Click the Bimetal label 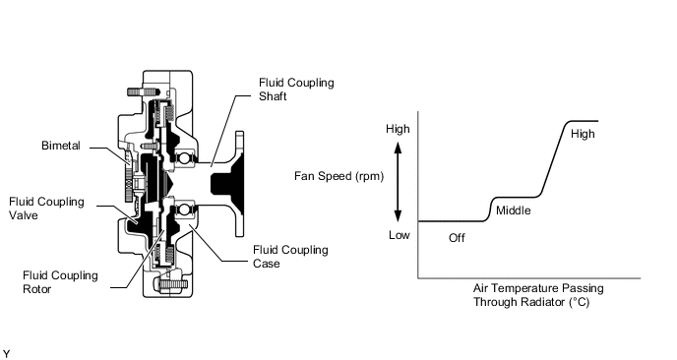(61, 146)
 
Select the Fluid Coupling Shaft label (296, 90)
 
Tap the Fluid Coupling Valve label (46, 209)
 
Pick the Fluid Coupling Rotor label (60, 282)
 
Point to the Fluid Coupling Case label (290, 257)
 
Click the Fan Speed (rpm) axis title (338, 176)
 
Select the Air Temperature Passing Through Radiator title (538, 295)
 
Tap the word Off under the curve (457, 238)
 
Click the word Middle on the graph (513, 210)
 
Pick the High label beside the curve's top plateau (583, 134)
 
